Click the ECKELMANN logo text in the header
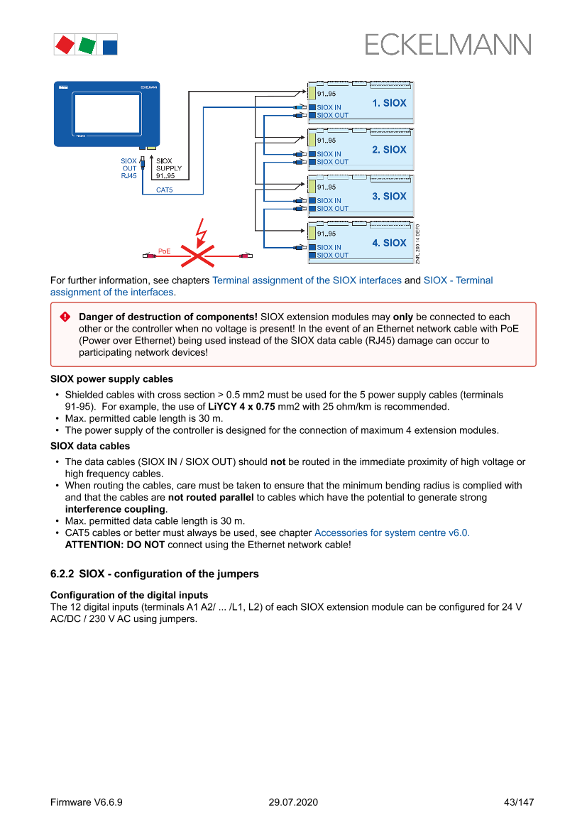pos(448,45)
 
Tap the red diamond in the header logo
pos(65,45)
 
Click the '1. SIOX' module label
pos(389,103)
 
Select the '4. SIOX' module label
pos(389,243)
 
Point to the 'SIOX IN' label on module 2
pos(329,154)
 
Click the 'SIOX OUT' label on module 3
pos(332,209)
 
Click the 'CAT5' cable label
pos(165,190)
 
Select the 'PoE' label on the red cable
pos(164,251)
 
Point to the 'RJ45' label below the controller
pos(128,175)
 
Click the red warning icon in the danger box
pos(65,317)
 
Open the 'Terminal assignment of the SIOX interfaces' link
pos(307,280)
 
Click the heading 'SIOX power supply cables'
pos(111,379)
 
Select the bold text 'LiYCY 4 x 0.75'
pos(241,407)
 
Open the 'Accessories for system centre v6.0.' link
pos(392,533)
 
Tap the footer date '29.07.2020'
pos(293,802)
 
